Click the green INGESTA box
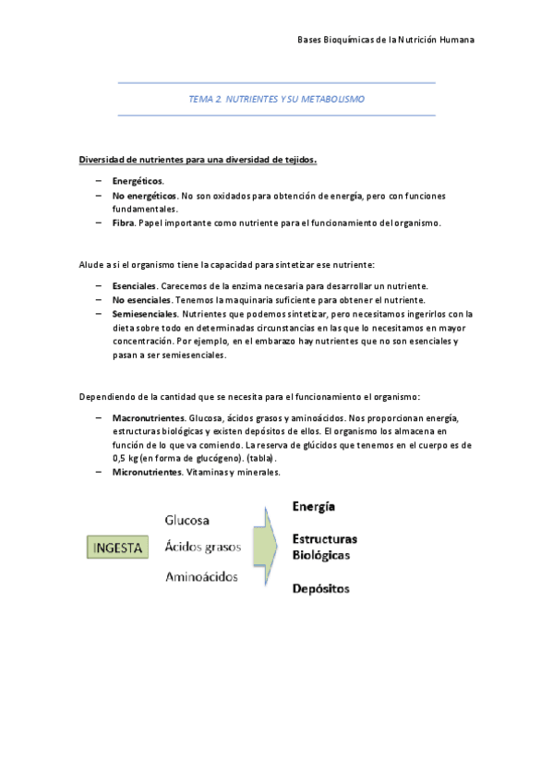pos(118,548)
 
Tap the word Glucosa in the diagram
pos(187,520)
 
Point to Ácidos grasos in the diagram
pos(202,547)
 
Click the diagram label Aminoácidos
pos(200,577)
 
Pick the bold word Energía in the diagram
pos(313,507)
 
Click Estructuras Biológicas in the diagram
pos(324,548)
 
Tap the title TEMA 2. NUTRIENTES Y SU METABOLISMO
pos(276,99)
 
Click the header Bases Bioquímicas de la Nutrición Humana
pos(387,41)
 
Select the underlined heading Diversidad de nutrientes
pos(197,160)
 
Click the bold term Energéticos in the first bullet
pos(137,181)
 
